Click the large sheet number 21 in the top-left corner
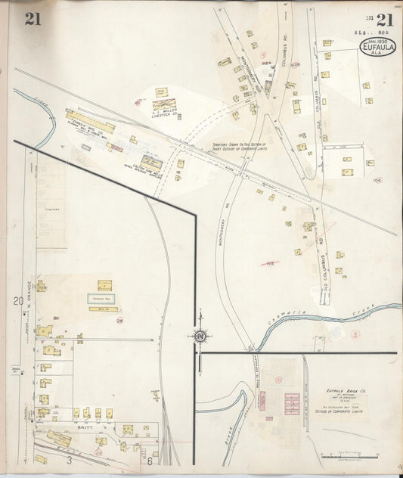pos(33,19)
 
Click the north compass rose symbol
pos(200,336)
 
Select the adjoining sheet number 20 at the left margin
pos(17,301)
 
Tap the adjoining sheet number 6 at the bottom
pos(150,461)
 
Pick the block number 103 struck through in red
pos(270,263)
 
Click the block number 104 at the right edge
pos(377,180)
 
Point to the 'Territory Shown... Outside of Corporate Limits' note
pos(239,151)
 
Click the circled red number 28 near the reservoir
pos(119,321)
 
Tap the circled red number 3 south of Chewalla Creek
pos(355,333)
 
